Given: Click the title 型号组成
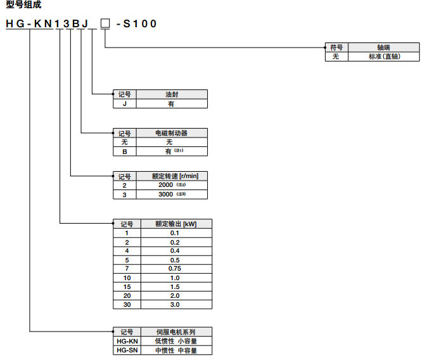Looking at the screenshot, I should [x=23, y=5].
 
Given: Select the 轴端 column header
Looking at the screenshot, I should [x=384, y=48].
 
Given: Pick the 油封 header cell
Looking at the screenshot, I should [x=171, y=94].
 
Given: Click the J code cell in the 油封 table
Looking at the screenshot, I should [x=125, y=103].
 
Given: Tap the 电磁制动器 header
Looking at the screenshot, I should [x=171, y=133].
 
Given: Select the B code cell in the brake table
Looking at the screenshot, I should [x=125, y=151].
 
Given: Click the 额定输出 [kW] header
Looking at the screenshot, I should [x=175, y=224].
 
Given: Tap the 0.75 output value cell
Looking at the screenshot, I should [x=175, y=269].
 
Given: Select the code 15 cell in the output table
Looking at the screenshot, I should [x=126, y=286].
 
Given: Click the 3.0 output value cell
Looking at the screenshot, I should [x=175, y=305].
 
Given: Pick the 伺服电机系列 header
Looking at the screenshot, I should [x=175, y=332].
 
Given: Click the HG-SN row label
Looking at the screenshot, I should [x=126, y=350].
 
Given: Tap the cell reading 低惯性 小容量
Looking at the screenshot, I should [x=175, y=341].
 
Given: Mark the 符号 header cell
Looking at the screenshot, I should [x=336, y=48].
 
